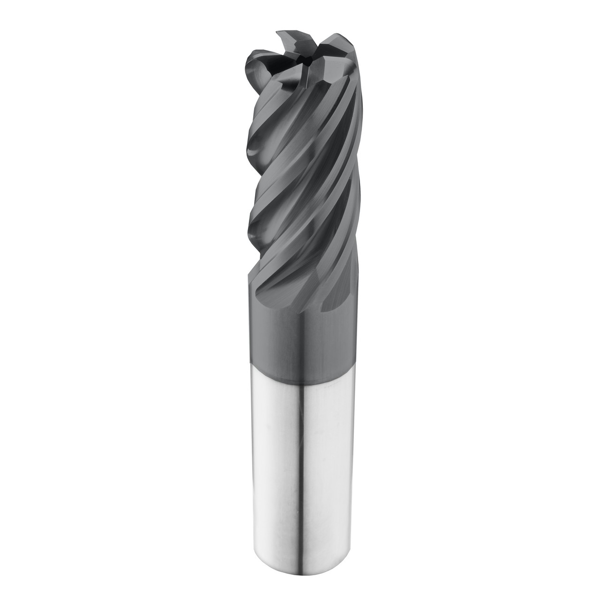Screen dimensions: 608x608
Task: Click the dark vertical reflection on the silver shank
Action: [303, 475]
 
